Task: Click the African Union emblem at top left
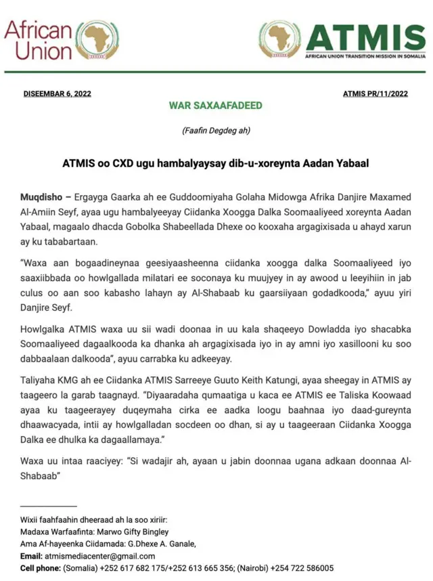click(97, 39)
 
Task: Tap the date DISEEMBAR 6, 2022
click(58, 93)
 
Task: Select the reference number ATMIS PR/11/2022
click(375, 93)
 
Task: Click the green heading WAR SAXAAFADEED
click(216, 106)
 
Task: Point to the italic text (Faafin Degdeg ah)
click(216, 131)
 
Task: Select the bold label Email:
click(31, 556)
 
